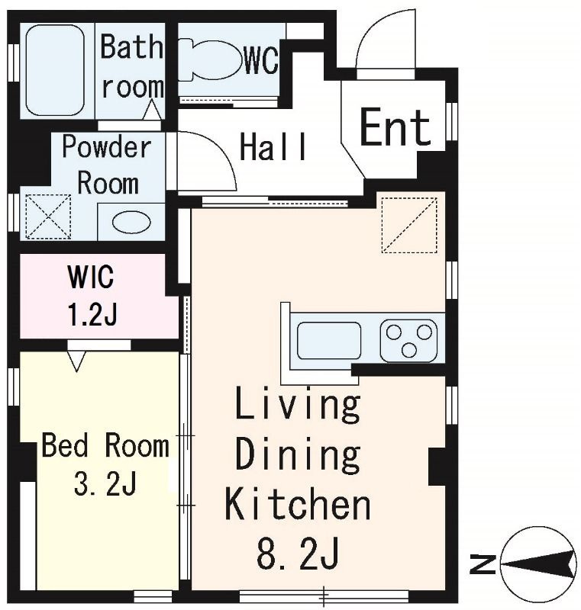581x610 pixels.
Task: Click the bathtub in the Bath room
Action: (x=55, y=70)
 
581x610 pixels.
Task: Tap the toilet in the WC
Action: (x=209, y=59)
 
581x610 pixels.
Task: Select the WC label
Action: (x=261, y=61)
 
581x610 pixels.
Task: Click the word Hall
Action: (x=273, y=146)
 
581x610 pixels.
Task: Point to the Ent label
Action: (x=395, y=127)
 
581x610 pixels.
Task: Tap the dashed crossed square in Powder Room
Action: (x=48, y=217)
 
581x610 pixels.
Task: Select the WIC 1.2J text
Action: (x=92, y=296)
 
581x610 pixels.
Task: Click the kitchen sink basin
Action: (x=329, y=340)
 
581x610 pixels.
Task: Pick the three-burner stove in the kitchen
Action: (x=409, y=341)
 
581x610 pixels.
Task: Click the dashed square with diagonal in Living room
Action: (x=409, y=225)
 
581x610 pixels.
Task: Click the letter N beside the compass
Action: (x=482, y=565)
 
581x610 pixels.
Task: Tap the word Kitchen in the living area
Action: (x=298, y=506)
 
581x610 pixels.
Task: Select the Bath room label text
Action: (x=132, y=66)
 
